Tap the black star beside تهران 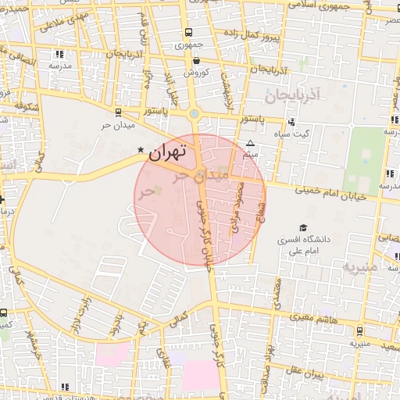[140, 149]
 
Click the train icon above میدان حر [117, 112]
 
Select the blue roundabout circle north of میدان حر [195, 114]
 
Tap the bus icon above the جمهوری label [188, 33]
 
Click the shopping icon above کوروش [195, 59]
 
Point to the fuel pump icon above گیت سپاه [291, 121]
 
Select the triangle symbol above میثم [250, 143]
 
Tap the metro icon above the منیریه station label [359, 330]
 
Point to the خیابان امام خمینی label [331, 192]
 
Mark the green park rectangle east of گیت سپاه [365, 160]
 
